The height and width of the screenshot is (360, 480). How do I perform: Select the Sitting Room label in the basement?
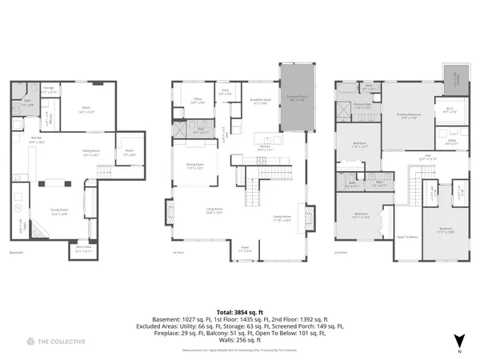(x=90, y=153)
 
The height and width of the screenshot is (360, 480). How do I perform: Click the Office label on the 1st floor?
(x=198, y=100)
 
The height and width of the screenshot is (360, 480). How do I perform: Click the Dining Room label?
(x=195, y=166)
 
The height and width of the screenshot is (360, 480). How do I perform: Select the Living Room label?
(x=214, y=210)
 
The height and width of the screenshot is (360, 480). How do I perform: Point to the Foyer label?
(x=244, y=250)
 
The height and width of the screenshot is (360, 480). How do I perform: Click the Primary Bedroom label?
(x=408, y=116)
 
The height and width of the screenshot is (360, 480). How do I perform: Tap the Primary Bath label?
(x=362, y=106)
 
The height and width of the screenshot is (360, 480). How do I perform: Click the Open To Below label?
(x=406, y=237)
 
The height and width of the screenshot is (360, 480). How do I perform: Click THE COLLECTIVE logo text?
(x=55, y=342)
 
